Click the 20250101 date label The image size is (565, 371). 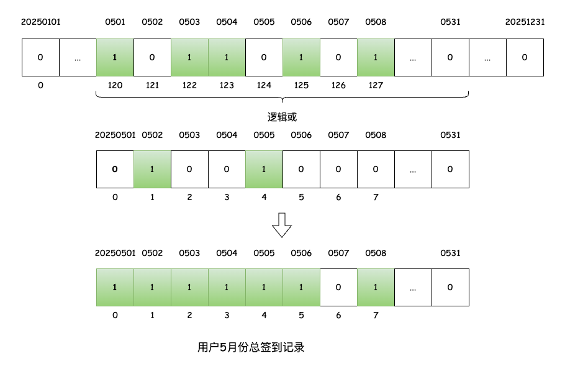(41, 22)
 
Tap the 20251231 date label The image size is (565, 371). (525, 22)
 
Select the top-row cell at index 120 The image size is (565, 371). (115, 58)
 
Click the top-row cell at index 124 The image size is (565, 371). (264, 58)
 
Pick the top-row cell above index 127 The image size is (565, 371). (376, 58)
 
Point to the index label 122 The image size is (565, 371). (189, 85)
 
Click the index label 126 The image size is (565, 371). (338, 85)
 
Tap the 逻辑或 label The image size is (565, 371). (282, 117)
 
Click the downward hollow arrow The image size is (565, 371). (282, 225)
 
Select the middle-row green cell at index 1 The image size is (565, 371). (152, 169)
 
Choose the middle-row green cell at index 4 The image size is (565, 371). (264, 169)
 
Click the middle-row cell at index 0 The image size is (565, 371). (115, 169)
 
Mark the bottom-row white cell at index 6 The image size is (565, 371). (338, 287)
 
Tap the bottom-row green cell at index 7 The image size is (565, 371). (376, 287)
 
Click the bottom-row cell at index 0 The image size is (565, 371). (115, 287)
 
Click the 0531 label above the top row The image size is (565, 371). (450, 22)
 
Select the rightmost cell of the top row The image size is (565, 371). (525, 58)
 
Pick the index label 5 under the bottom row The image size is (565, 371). (301, 315)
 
